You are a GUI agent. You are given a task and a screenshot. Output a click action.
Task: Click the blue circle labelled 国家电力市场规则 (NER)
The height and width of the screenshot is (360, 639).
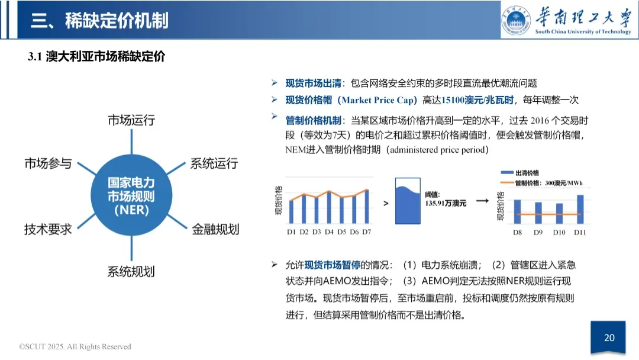pyautogui.click(x=131, y=196)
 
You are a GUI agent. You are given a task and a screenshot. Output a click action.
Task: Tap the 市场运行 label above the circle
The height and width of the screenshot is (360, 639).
pyautogui.click(x=131, y=120)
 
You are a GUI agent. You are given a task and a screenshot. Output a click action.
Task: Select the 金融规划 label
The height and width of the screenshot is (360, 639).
pyautogui.click(x=215, y=229)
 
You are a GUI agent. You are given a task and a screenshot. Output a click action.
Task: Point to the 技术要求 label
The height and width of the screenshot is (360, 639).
pyautogui.click(x=48, y=229)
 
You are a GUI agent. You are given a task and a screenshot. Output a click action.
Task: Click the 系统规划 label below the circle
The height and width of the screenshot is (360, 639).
pyautogui.click(x=131, y=272)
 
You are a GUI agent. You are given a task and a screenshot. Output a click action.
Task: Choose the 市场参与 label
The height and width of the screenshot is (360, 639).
pyautogui.click(x=48, y=163)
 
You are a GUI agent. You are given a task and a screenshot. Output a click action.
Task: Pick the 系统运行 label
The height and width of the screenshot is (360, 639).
pyautogui.click(x=214, y=163)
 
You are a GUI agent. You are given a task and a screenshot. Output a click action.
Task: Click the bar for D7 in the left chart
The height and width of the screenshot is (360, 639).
pyautogui.click(x=366, y=207)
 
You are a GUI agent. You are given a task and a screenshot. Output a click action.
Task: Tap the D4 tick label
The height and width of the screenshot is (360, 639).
pyautogui.click(x=329, y=232)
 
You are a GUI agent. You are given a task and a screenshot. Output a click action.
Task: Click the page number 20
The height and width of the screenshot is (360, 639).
pyautogui.click(x=609, y=338)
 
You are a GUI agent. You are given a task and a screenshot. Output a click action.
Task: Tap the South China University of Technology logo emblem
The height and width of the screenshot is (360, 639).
pyautogui.click(x=517, y=20)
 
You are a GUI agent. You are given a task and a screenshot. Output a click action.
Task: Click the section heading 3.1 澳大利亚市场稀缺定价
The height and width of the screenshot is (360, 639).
pyautogui.click(x=96, y=57)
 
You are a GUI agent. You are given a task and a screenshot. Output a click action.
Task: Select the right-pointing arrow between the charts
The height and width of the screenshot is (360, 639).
pyautogui.click(x=482, y=201)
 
